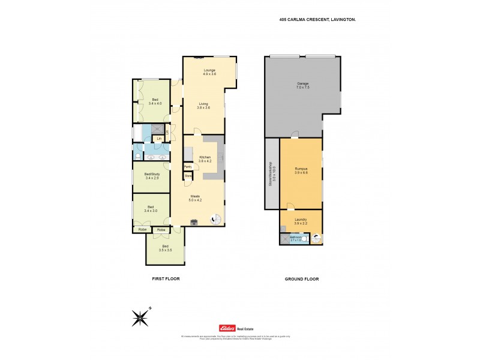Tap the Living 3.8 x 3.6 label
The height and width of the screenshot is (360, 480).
[x=204, y=106]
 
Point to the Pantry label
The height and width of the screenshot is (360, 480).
[x=188, y=167]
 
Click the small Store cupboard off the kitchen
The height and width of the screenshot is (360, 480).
[x=188, y=176]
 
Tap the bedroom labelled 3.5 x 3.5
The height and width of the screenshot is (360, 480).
[x=166, y=248]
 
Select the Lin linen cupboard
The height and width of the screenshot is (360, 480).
[x=159, y=139]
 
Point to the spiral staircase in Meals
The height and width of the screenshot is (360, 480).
[x=215, y=220]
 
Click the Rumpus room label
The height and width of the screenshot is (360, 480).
[x=301, y=171]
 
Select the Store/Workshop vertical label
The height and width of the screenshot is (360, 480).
[x=271, y=174]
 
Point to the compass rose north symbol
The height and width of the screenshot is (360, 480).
[x=140, y=317]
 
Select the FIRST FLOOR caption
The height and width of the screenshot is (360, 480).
[x=165, y=279]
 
